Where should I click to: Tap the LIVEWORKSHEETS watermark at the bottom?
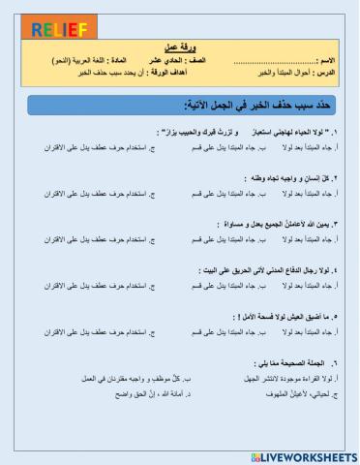301,454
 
